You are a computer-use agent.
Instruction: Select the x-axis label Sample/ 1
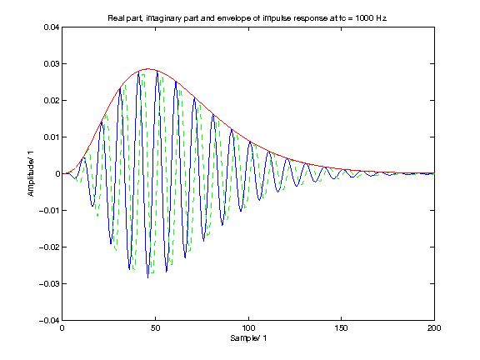(247, 340)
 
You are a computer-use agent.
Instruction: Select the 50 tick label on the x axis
(155, 328)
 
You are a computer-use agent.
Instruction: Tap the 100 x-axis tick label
(247, 328)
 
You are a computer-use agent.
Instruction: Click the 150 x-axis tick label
(341, 328)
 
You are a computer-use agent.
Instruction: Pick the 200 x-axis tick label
(433, 328)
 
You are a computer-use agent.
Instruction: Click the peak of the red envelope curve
(147, 69)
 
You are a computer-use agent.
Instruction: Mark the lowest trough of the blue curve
(148, 277)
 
